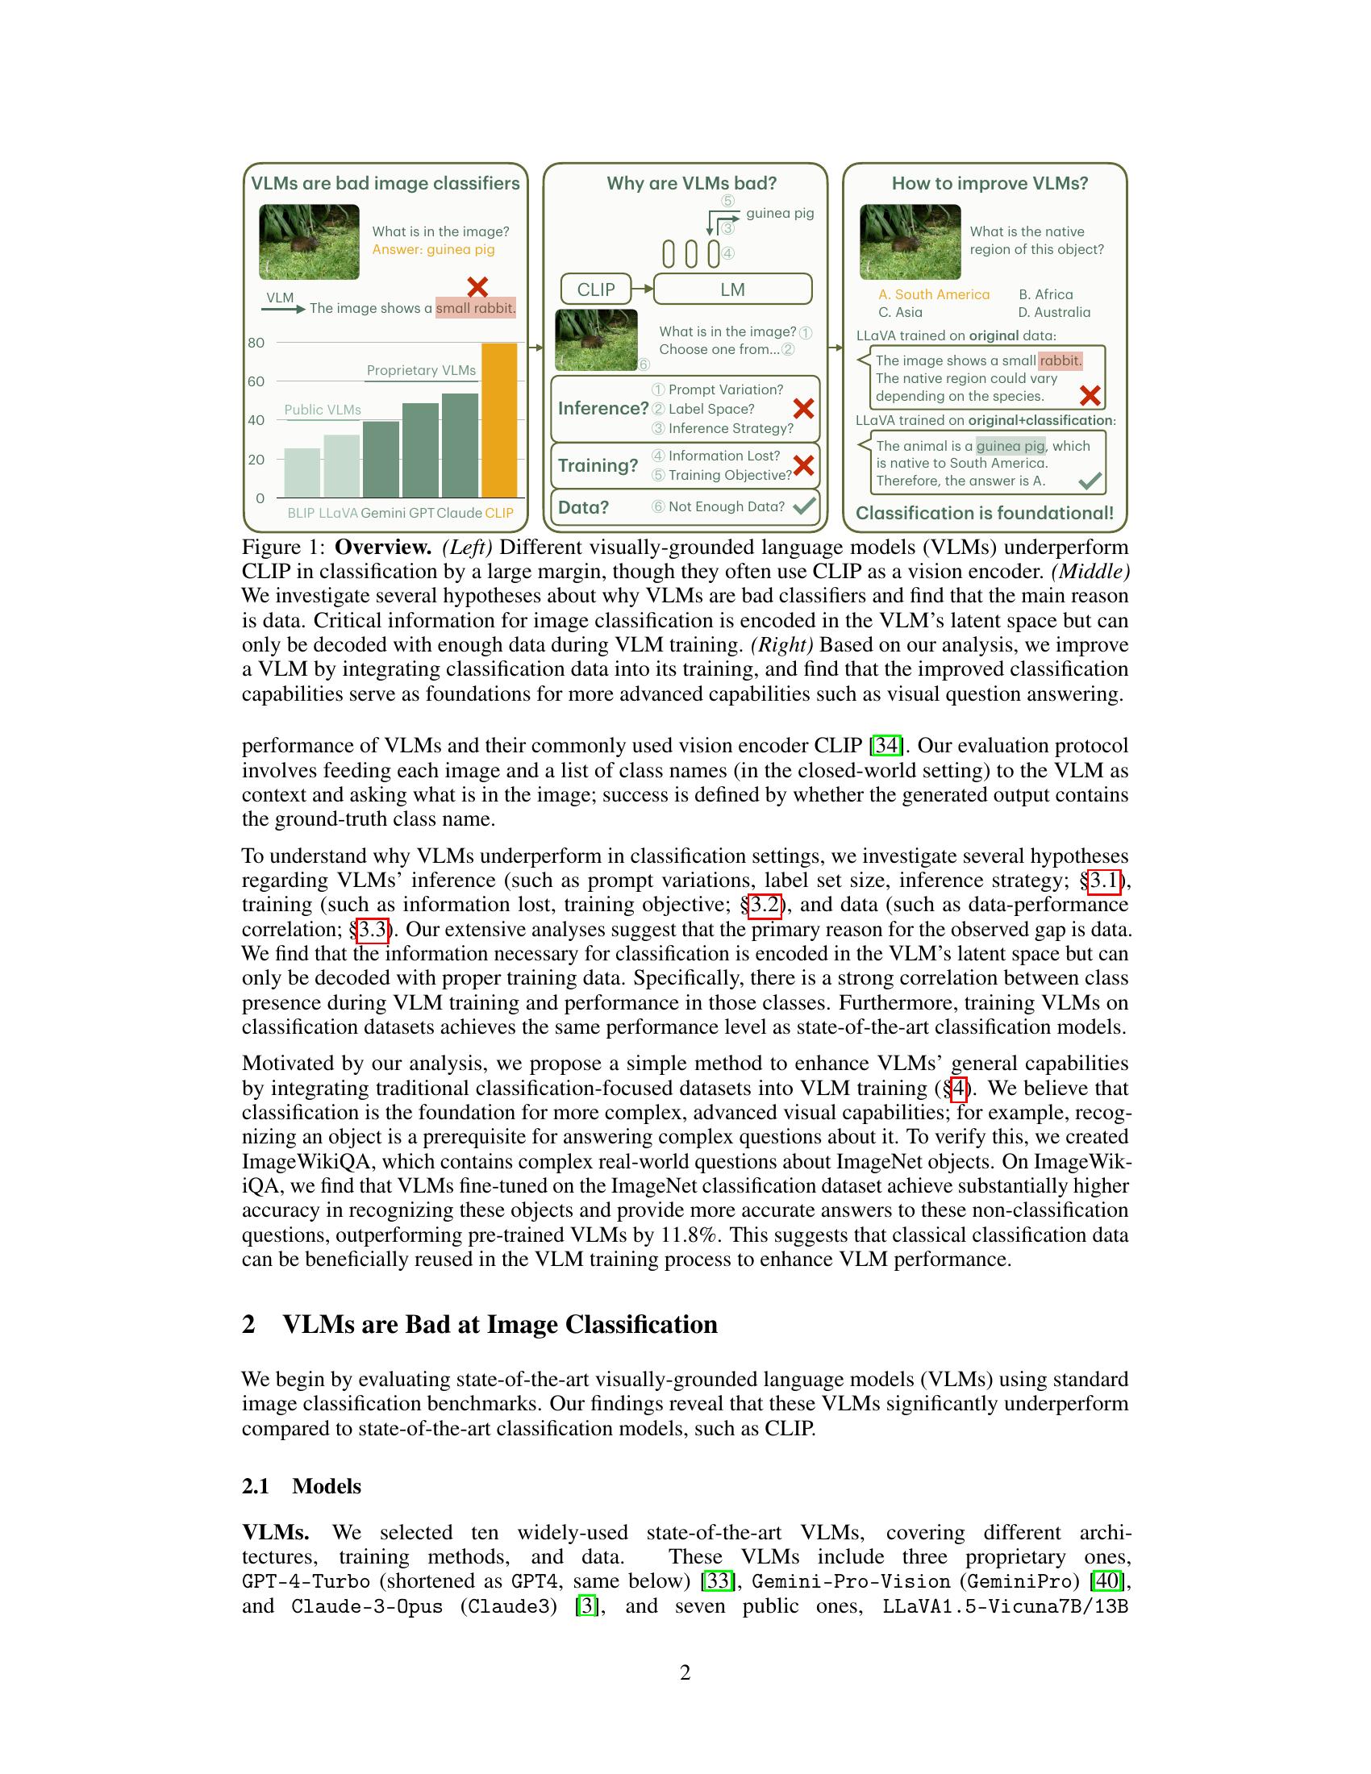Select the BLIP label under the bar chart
pos(301,513)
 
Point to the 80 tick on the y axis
pos(256,343)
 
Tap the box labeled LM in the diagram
pos(731,289)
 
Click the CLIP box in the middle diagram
pos(595,289)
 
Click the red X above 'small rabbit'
pos(477,287)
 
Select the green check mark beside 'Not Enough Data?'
pos(803,506)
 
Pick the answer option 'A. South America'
pos(933,294)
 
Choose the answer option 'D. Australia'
pos(1053,312)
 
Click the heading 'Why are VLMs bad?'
pos(691,183)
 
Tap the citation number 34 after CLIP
pos(886,746)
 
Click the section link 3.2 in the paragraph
pos(765,905)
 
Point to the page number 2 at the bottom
pos(685,1672)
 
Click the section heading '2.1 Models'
pos(302,1485)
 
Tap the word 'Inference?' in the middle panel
pos(602,408)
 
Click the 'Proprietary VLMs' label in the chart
pos(421,370)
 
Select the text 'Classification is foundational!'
pos(985,513)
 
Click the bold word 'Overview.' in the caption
pos(382,547)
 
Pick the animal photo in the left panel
pos(309,242)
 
